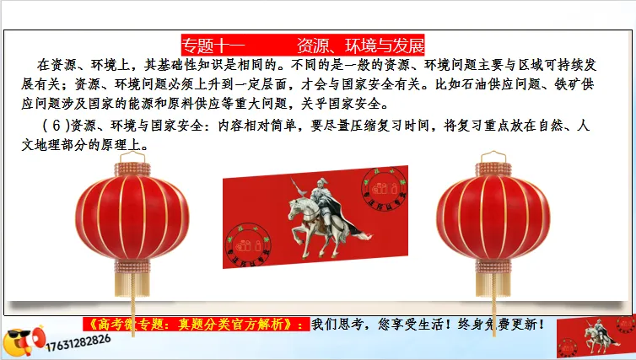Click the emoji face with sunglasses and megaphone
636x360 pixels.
click(19, 341)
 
